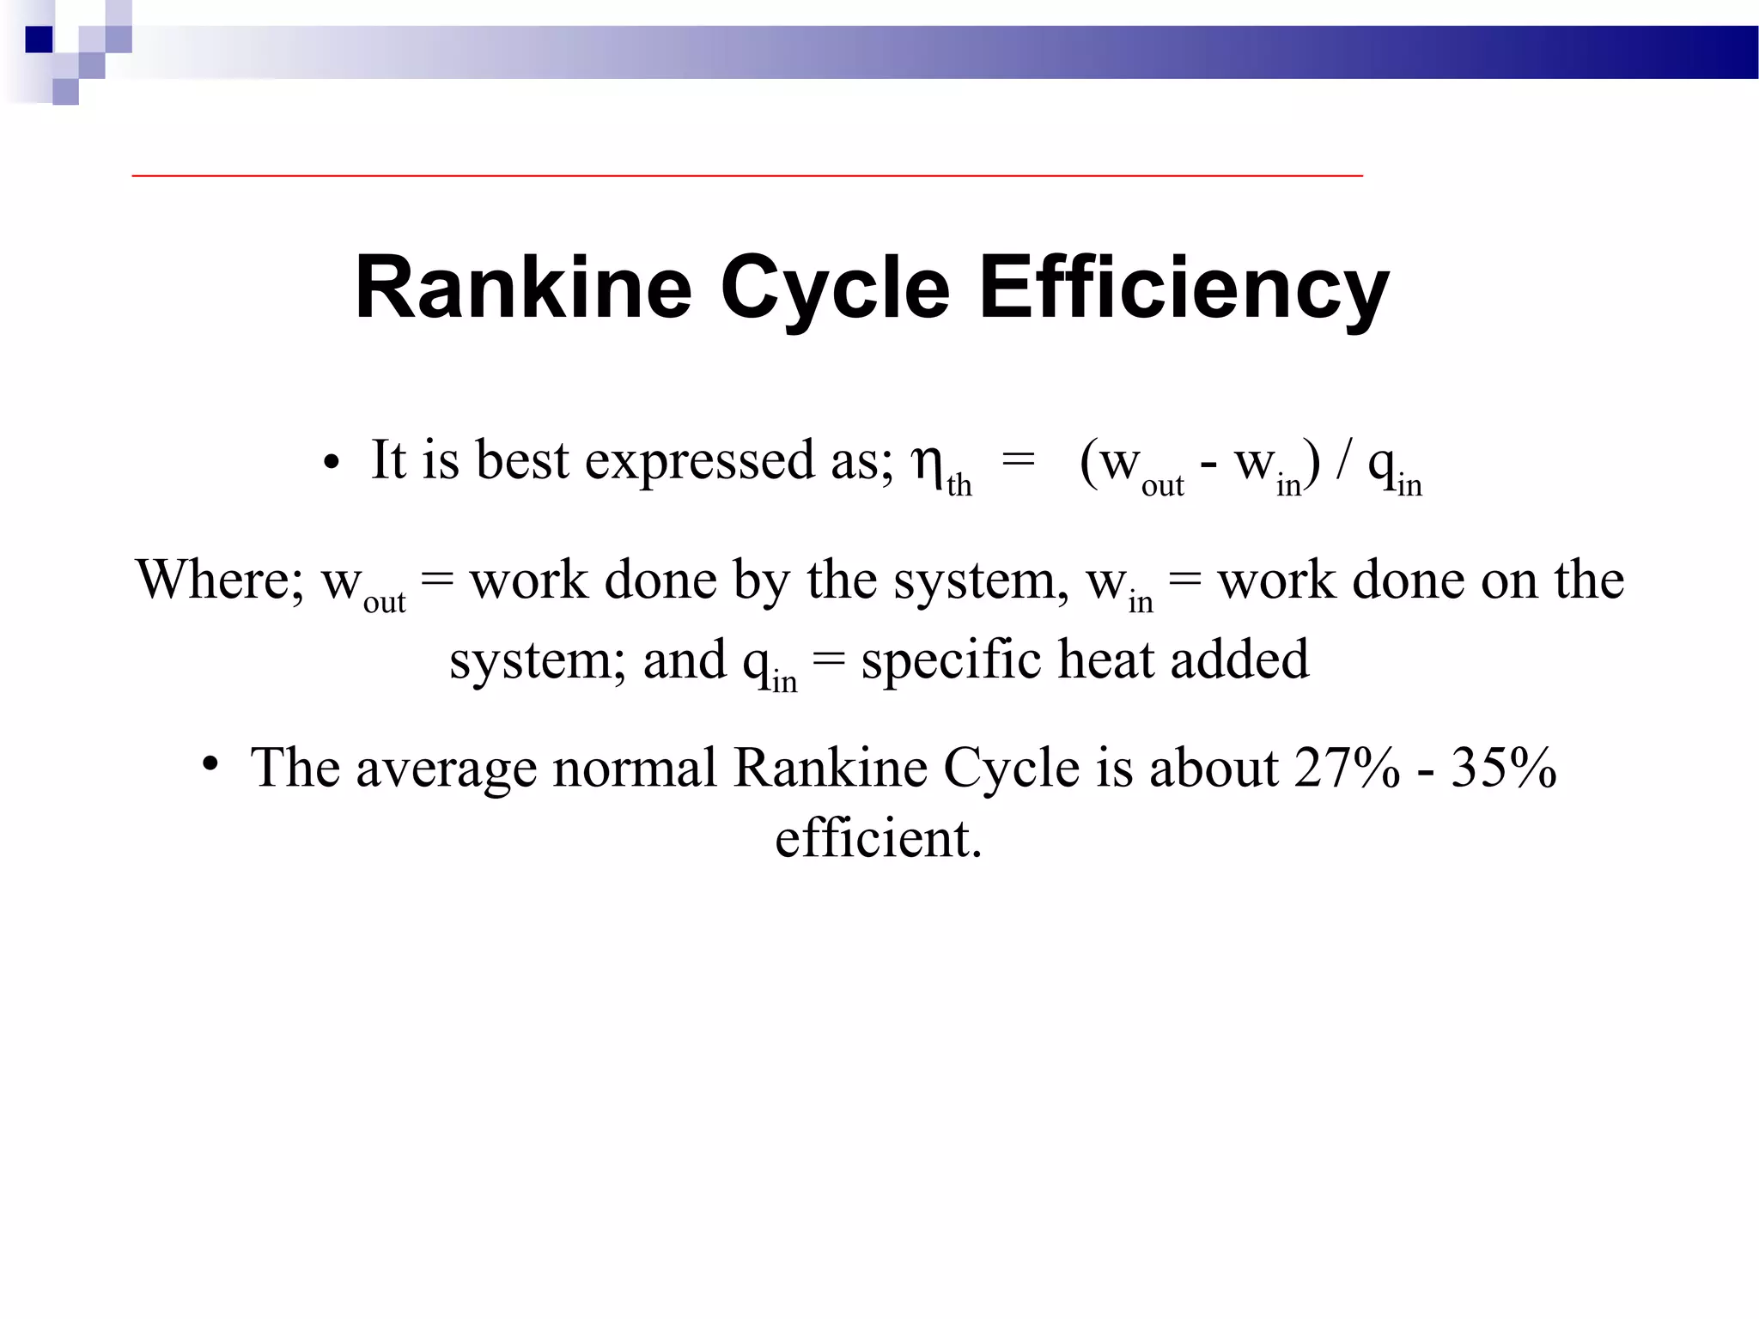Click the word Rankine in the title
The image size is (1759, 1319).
pyautogui.click(x=523, y=288)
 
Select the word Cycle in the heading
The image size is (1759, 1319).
pyautogui.click(x=835, y=288)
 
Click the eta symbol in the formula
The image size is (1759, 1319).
pyautogui.click(x=928, y=463)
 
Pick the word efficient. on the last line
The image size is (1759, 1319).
pyautogui.click(x=878, y=838)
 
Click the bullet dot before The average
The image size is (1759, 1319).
pyautogui.click(x=210, y=763)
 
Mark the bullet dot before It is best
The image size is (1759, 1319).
pyautogui.click(x=332, y=464)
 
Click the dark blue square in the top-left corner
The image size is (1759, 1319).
pyautogui.click(x=40, y=40)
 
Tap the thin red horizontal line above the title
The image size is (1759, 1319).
pyautogui.click(x=747, y=175)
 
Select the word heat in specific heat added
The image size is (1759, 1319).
pyautogui.click(x=1105, y=660)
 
